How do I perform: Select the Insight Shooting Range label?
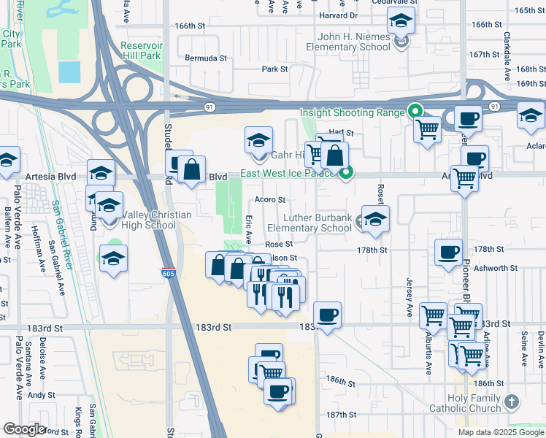click(x=353, y=112)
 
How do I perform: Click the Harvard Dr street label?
click(x=339, y=15)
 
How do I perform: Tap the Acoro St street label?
click(x=269, y=199)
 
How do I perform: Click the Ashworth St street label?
click(x=495, y=268)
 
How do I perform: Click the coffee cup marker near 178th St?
click(x=448, y=253)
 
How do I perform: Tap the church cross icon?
click(x=512, y=402)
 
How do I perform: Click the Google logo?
click(x=23, y=429)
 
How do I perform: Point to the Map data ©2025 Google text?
click(x=500, y=432)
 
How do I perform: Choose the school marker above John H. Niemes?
click(x=401, y=22)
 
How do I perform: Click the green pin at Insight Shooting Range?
click(x=415, y=112)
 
